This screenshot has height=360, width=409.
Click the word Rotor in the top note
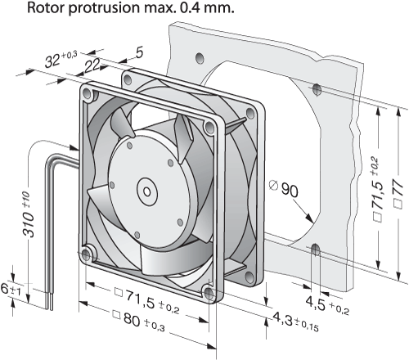tap(45, 8)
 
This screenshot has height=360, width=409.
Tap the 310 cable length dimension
tap(29, 214)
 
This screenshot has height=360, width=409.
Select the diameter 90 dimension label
tap(284, 189)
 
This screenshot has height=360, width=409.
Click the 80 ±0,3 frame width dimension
tap(139, 321)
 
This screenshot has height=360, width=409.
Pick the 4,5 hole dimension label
tap(327, 305)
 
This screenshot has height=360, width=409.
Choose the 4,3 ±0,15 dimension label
tap(295, 322)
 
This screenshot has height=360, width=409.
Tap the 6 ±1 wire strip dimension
tap(11, 290)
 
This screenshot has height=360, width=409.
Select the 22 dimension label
tap(92, 66)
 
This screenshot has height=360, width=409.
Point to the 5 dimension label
tap(139, 52)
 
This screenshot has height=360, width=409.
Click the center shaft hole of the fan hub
tap(147, 192)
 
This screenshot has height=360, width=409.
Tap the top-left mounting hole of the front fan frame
tap(88, 94)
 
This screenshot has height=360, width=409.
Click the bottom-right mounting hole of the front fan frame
tap(209, 294)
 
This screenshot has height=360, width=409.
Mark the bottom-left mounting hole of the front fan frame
tap(87, 255)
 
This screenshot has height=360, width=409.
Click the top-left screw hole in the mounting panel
tap(200, 57)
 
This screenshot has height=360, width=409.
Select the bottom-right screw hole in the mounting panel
tap(316, 250)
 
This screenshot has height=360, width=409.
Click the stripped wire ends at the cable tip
tap(48, 300)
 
